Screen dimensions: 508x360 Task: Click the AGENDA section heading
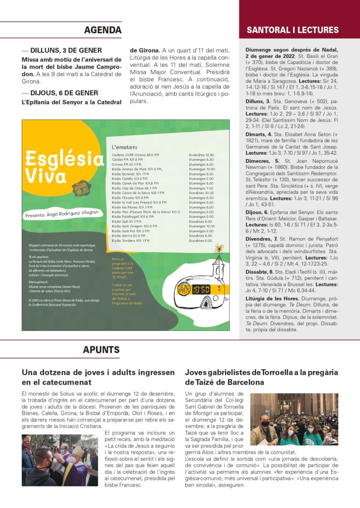pos(103,30)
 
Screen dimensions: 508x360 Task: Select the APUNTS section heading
pos(101,350)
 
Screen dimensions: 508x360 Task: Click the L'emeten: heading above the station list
pos(125,147)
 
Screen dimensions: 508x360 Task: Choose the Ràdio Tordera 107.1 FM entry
pos(131,241)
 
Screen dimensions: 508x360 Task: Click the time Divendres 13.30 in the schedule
pos(201,155)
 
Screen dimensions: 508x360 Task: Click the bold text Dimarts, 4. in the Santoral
pos(259,134)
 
